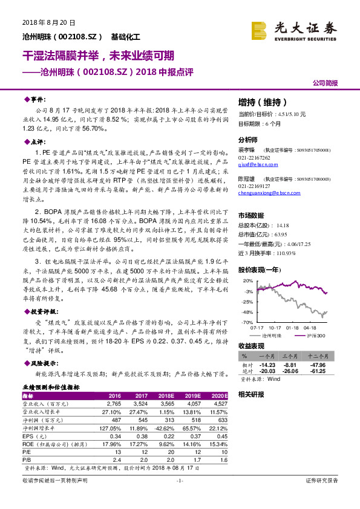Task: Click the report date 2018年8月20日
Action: (42, 22)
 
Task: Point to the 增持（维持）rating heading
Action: (261, 102)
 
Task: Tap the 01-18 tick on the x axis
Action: (292, 327)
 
